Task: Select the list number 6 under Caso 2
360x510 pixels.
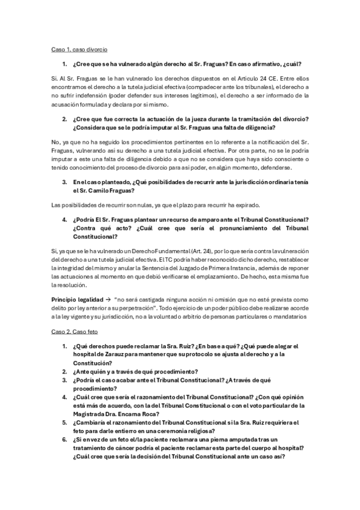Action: click(x=64, y=438)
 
